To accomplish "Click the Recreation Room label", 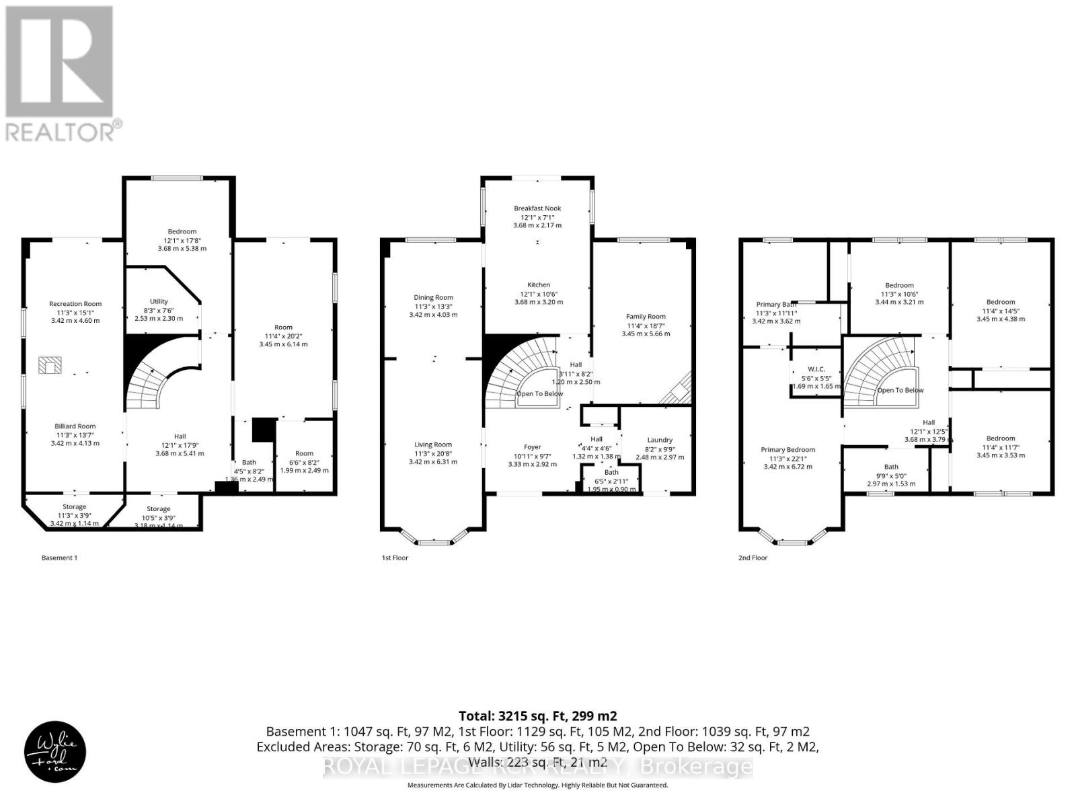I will pyautogui.click(x=75, y=304).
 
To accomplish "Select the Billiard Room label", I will pyautogui.click(x=75, y=426).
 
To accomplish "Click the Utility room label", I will pyautogui.click(x=159, y=302).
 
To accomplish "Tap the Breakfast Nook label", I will pyautogui.click(x=537, y=208).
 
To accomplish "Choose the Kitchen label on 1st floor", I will pyautogui.click(x=539, y=285).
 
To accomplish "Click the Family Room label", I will pyautogui.click(x=646, y=317).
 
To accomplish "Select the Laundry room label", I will pyautogui.click(x=660, y=440).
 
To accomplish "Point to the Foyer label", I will pyautogui.click(x=533, y=447).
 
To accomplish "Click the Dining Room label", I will pyautogui.click(x=434, y=297).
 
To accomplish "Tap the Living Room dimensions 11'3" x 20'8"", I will pyautogui.click(x=433, y=453).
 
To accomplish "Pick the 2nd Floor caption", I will pyautogui.click(x=753, y=558).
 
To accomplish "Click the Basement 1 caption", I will pyautogui.click(x=59, y=558).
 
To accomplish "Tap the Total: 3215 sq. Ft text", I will pyautogui.click(x=537, y=716).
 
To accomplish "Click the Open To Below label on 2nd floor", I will pyautogui.click(x=900, y=390).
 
